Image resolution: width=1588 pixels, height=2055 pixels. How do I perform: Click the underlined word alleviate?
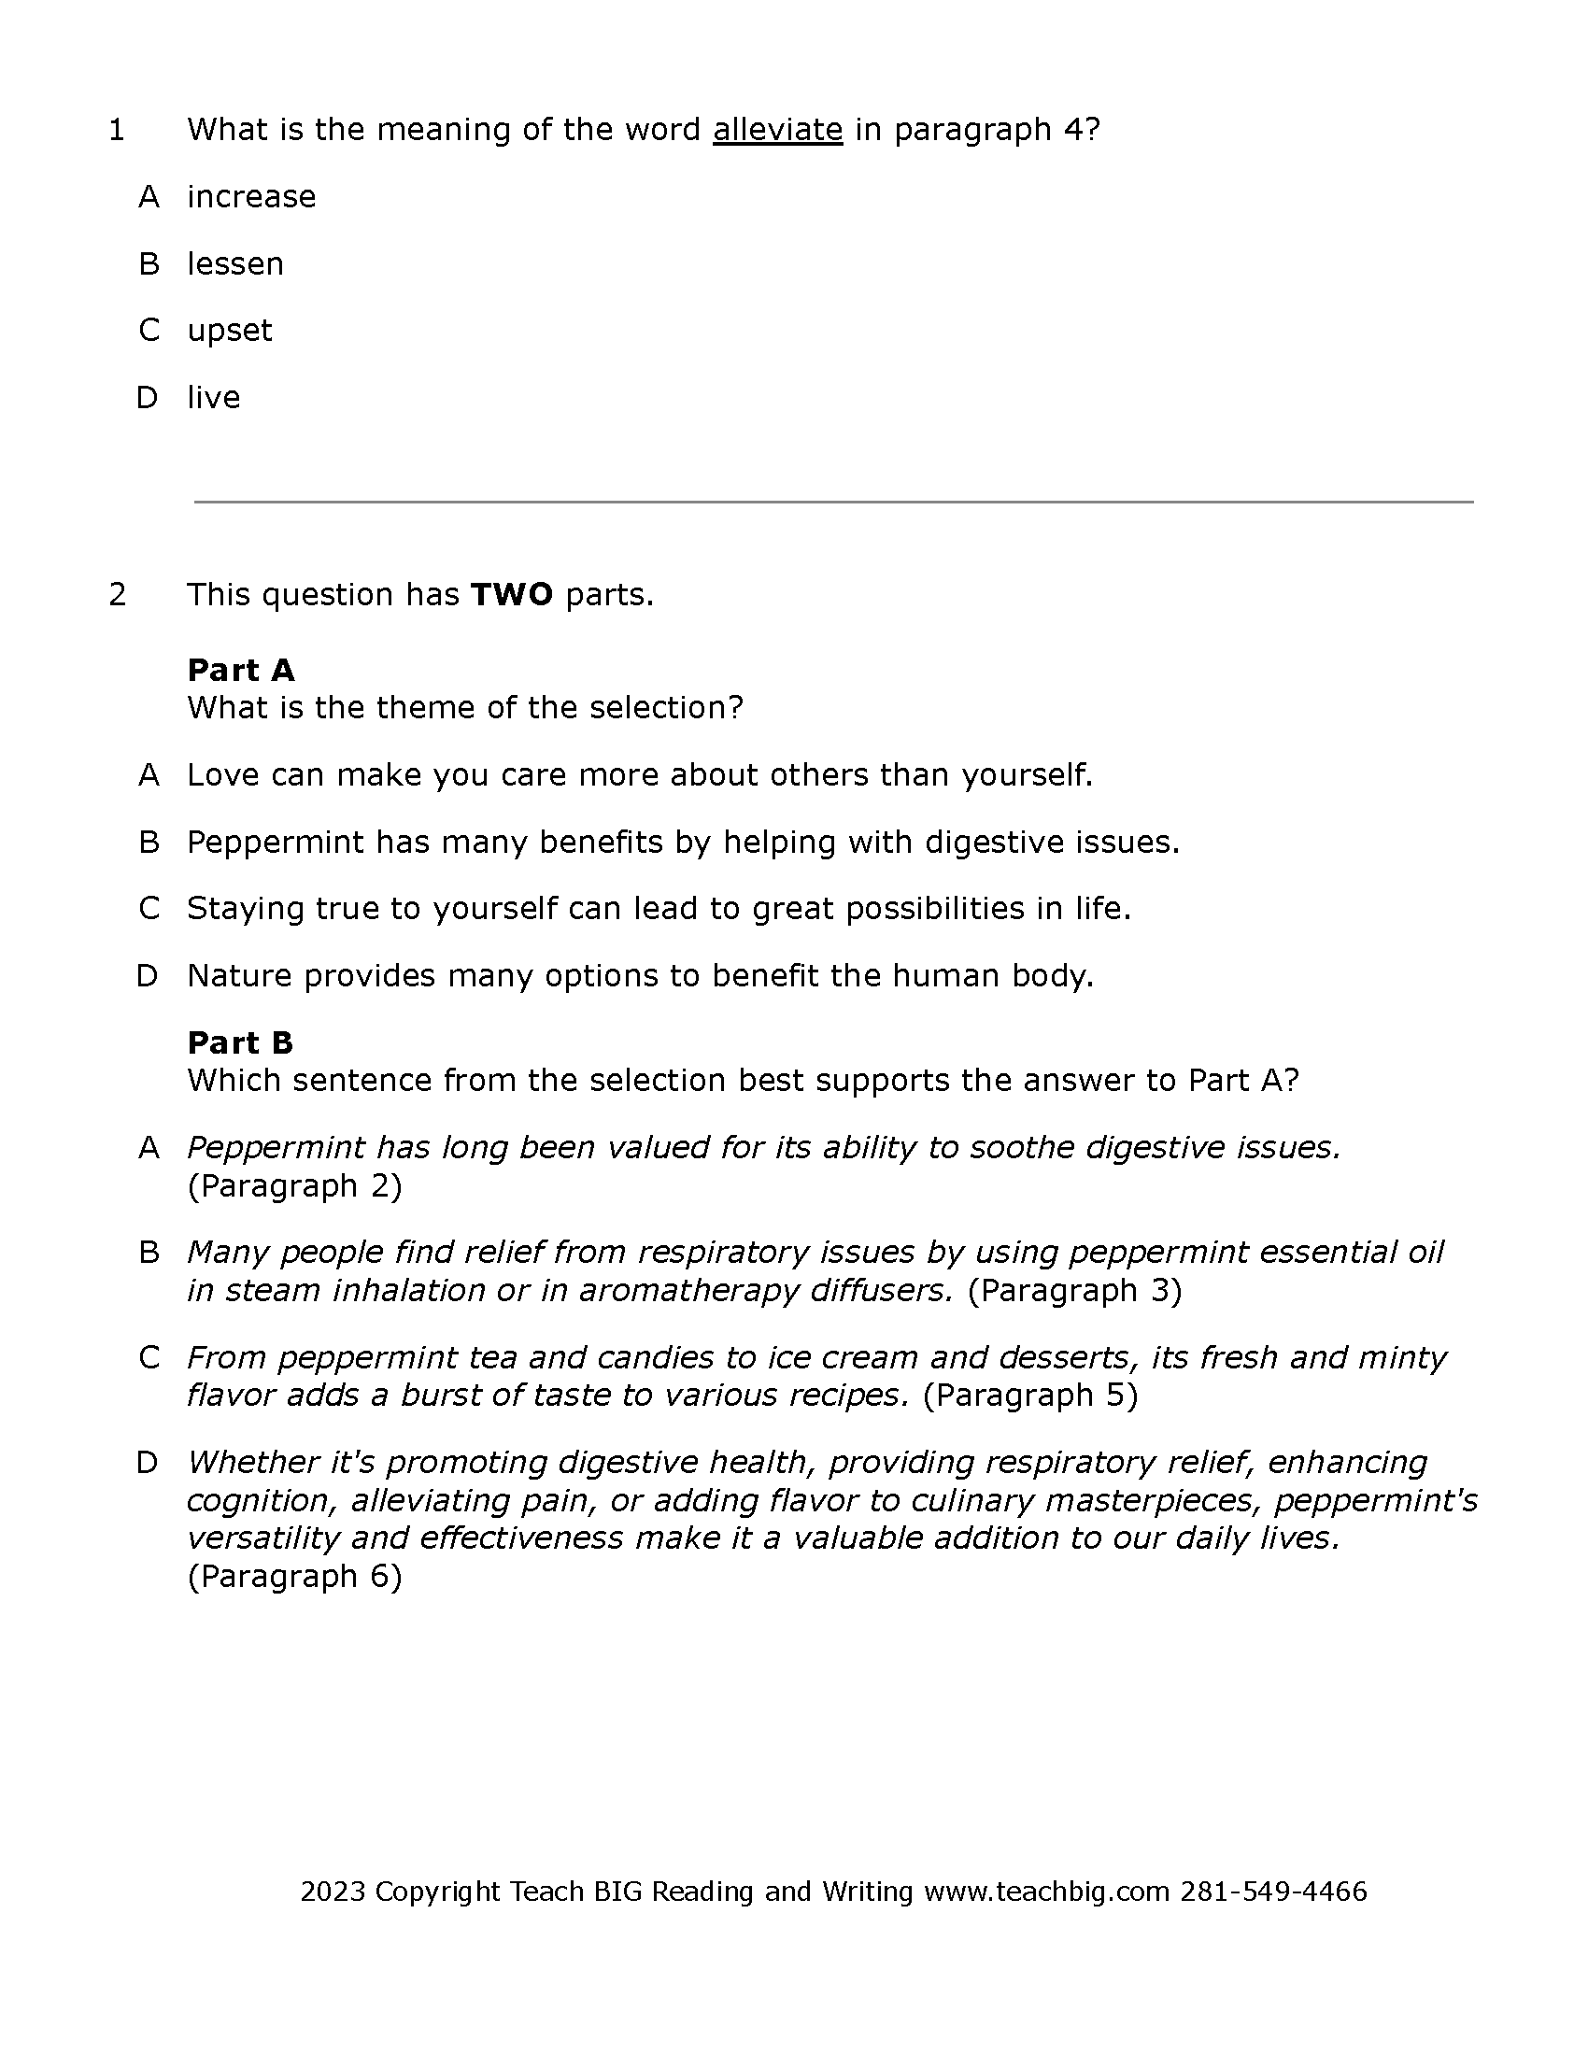[777, 130]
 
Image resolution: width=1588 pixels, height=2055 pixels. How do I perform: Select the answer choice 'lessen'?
[235, 263]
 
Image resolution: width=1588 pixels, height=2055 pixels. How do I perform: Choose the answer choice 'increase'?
[251, 197]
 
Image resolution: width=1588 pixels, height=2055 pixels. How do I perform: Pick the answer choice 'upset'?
[230, 331]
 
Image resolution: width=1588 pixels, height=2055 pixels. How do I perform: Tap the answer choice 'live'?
[214, 397]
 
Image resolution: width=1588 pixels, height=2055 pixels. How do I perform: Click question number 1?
[117, 130]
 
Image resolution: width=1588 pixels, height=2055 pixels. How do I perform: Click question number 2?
[117, 595]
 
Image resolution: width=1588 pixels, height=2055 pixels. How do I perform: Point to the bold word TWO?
[512, 595]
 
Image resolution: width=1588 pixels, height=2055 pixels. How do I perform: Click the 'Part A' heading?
[241, 670]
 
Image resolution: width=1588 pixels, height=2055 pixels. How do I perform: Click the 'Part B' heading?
[241, 1042]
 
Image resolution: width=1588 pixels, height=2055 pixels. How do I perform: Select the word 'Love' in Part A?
[223, 775]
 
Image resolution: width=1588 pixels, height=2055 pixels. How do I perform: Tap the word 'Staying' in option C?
[245, 909]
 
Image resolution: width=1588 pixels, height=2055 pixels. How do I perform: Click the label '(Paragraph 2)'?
[294, 1185]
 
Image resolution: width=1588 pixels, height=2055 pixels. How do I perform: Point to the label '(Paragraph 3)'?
[1074, 1290]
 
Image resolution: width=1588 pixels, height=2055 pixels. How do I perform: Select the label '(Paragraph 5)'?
[1030, 1395]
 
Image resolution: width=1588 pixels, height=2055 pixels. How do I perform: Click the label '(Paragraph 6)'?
[294, 1576]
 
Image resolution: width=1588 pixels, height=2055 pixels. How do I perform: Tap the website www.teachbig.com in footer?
[1046, 1892]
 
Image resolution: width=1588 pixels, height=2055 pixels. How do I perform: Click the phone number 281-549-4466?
[1274, 1892]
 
